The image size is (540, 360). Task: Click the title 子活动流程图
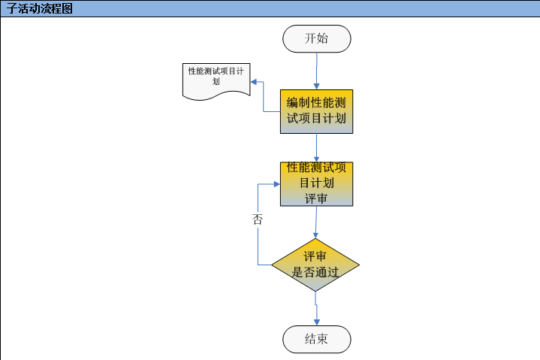tap(41, 9)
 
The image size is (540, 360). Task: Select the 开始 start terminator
tap(316, 39)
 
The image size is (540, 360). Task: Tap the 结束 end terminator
tap(316, 339)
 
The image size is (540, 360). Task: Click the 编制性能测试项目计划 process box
tap(316, 111)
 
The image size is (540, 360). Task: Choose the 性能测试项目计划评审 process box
tap(316, 183)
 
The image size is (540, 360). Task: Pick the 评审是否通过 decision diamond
tap(315, 265)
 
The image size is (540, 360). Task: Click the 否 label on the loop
tap(258, 219)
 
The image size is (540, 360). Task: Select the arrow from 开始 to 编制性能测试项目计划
tap(316, 71)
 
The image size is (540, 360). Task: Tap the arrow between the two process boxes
tap(316, 147)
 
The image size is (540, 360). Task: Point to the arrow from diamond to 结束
tap(316, 308)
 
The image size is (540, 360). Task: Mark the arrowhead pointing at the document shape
tap(254, 81)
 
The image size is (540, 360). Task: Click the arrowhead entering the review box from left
tap(276, 184)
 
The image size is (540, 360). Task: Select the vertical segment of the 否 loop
tap(258, 241)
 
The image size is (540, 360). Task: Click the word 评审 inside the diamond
tap(315, 256)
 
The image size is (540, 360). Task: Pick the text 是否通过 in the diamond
tap(315, 272)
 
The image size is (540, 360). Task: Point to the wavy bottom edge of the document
tap(216, 95)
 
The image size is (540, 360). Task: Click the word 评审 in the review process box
tap(316, 198)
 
